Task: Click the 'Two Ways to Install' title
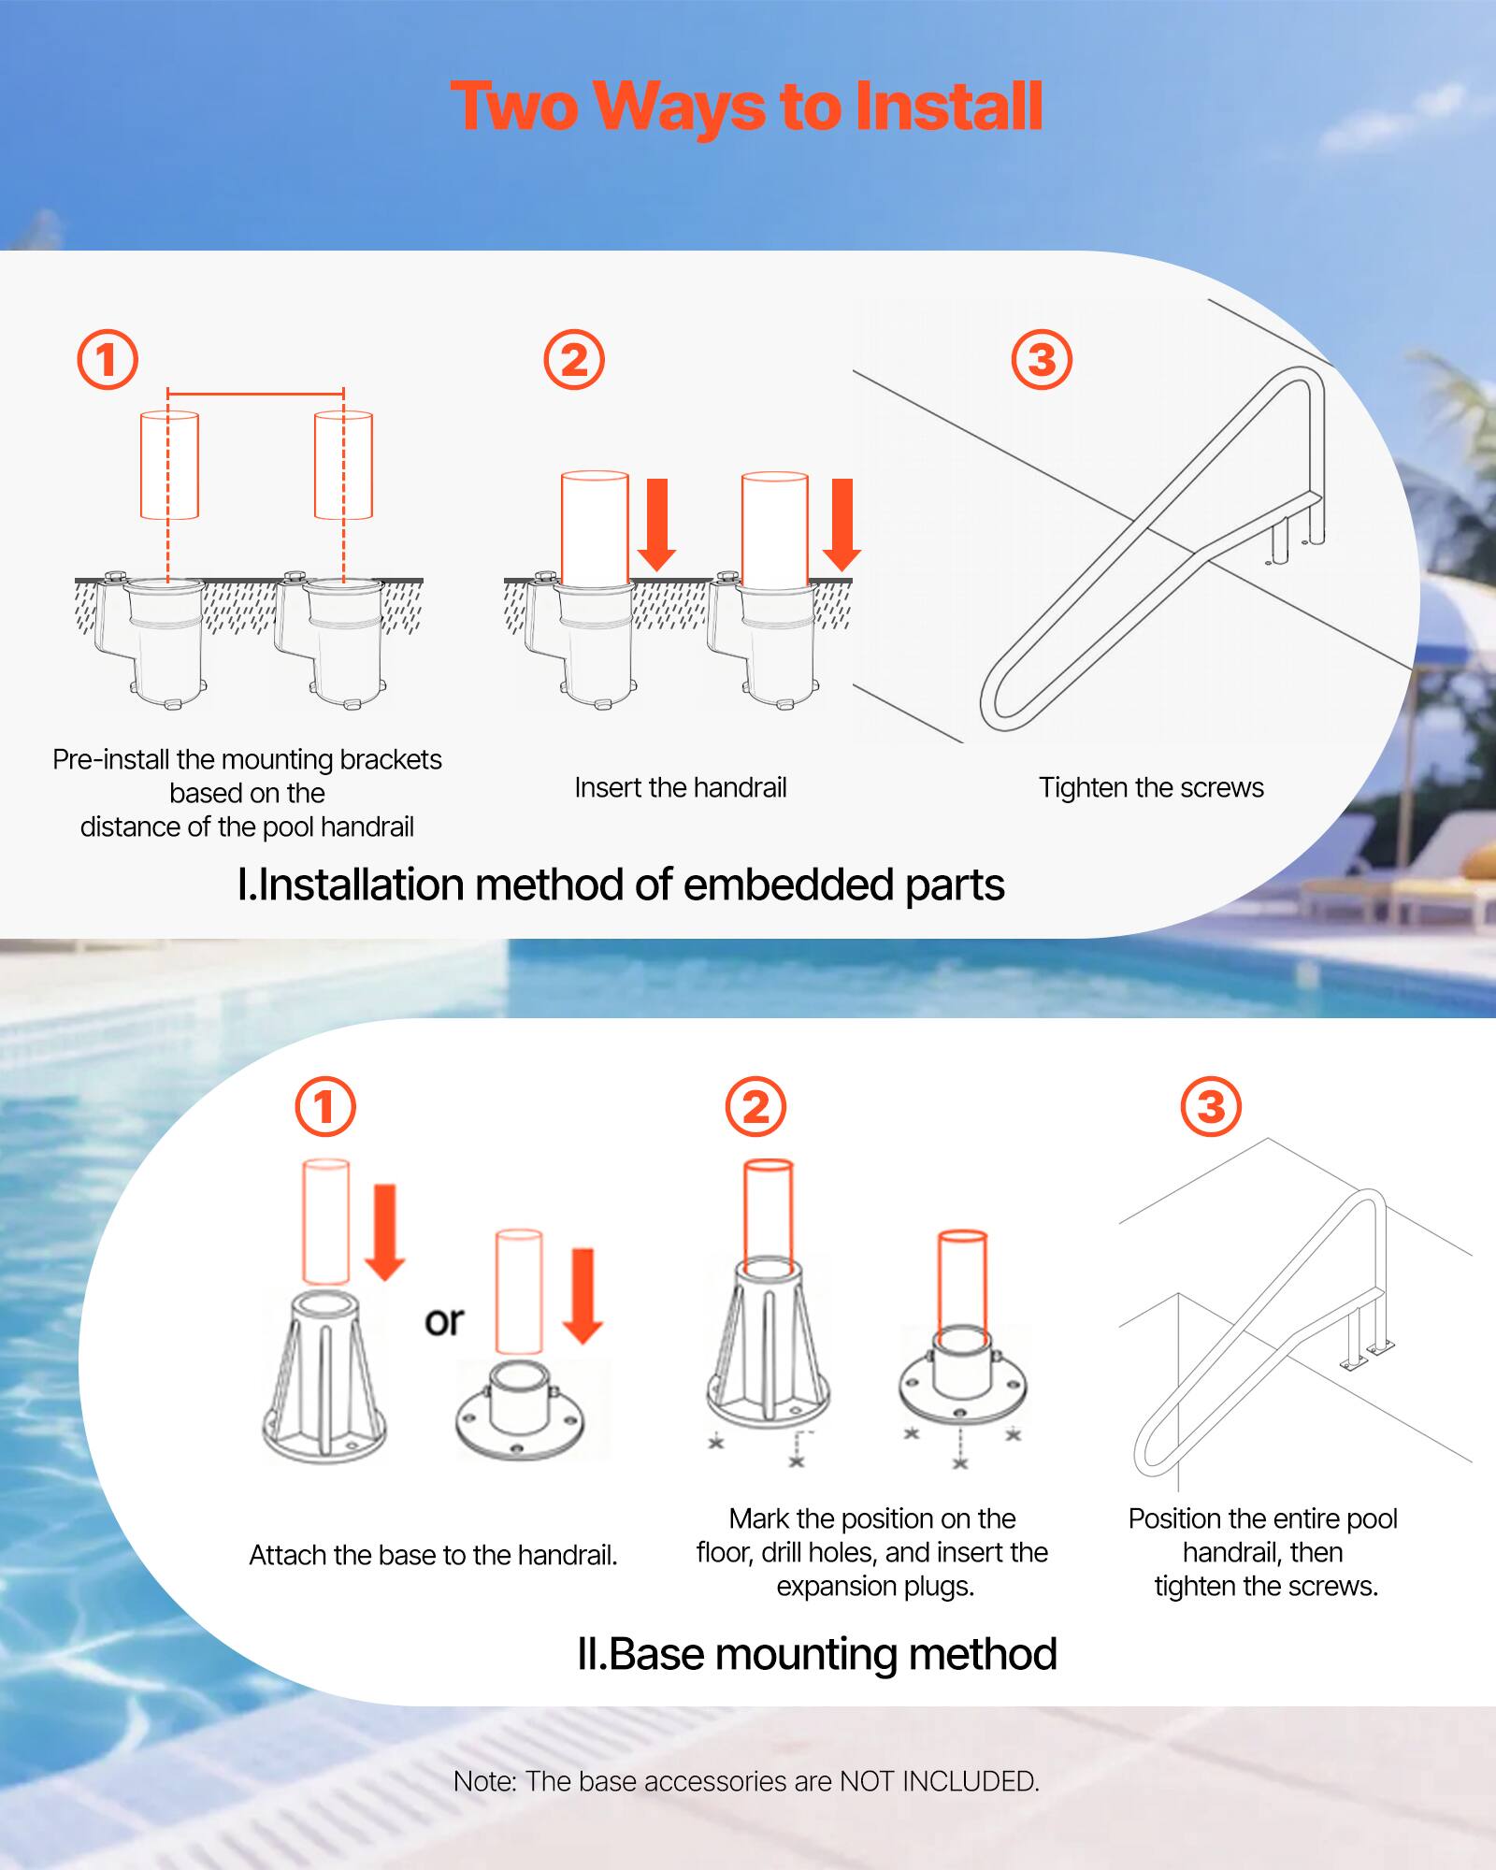click(746, 106)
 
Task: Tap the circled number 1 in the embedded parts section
click(107, 360)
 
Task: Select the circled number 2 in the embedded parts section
click(574, 360)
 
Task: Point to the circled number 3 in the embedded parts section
click(1042, 360)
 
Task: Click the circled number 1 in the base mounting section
click(325, 1107)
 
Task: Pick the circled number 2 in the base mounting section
click(755, 1107)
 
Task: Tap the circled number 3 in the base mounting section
click(1211, 1107)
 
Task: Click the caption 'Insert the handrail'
click(680, 787)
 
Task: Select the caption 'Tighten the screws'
click(1151, 787)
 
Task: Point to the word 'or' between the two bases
click(444, 1321)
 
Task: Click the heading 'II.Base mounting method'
click(816, 1654)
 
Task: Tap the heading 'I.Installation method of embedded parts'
click(621, 885)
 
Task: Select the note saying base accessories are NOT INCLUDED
click(746, 1781)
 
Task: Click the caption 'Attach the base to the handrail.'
click(433, 1555)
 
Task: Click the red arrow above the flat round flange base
click(583, 1295)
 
